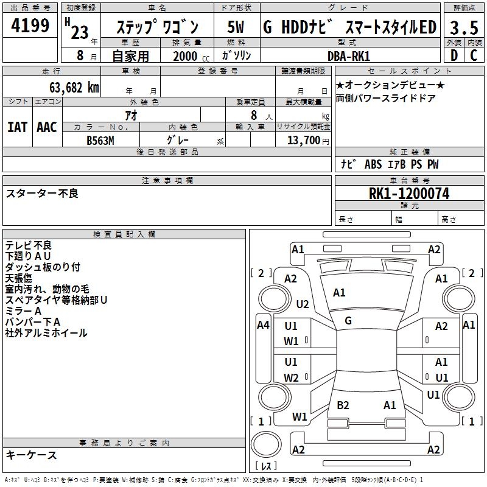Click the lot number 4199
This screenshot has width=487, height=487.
pyautogui.click(x=30, y=26)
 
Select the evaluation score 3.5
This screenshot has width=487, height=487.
pyautogui.click(x=464, y=27)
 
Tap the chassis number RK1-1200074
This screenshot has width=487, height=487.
pyautogui.click(x=409, y=194)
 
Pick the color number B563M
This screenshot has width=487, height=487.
pyautogui.click(x=100, y=140)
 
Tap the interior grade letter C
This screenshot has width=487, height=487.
pyautogui.click(x=474, y=55)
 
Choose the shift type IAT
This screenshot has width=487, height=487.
pyautogui.click(x=18, y=127)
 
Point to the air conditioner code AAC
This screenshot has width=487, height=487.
pyautogui.click(x=47, y=127)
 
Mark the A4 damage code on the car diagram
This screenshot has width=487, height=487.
pyautogui.click(x=263, y=325)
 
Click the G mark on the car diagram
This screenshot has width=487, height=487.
pyautogui.click(x=348, y=321)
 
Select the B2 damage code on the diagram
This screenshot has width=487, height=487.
pyautogui.click(x=343, y=405)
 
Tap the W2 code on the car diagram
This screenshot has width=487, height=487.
pyautogui.click(x=292, y=378)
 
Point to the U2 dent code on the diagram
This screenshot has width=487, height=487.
pyautogui.click(x=303, y=304)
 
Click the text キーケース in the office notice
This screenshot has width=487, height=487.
pyautogui.click(x=31, y=455)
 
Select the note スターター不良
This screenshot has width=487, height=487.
pyautogui.click(x=42, y=194)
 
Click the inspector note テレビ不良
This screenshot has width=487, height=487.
pyautogui.click(x=29, y=245)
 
